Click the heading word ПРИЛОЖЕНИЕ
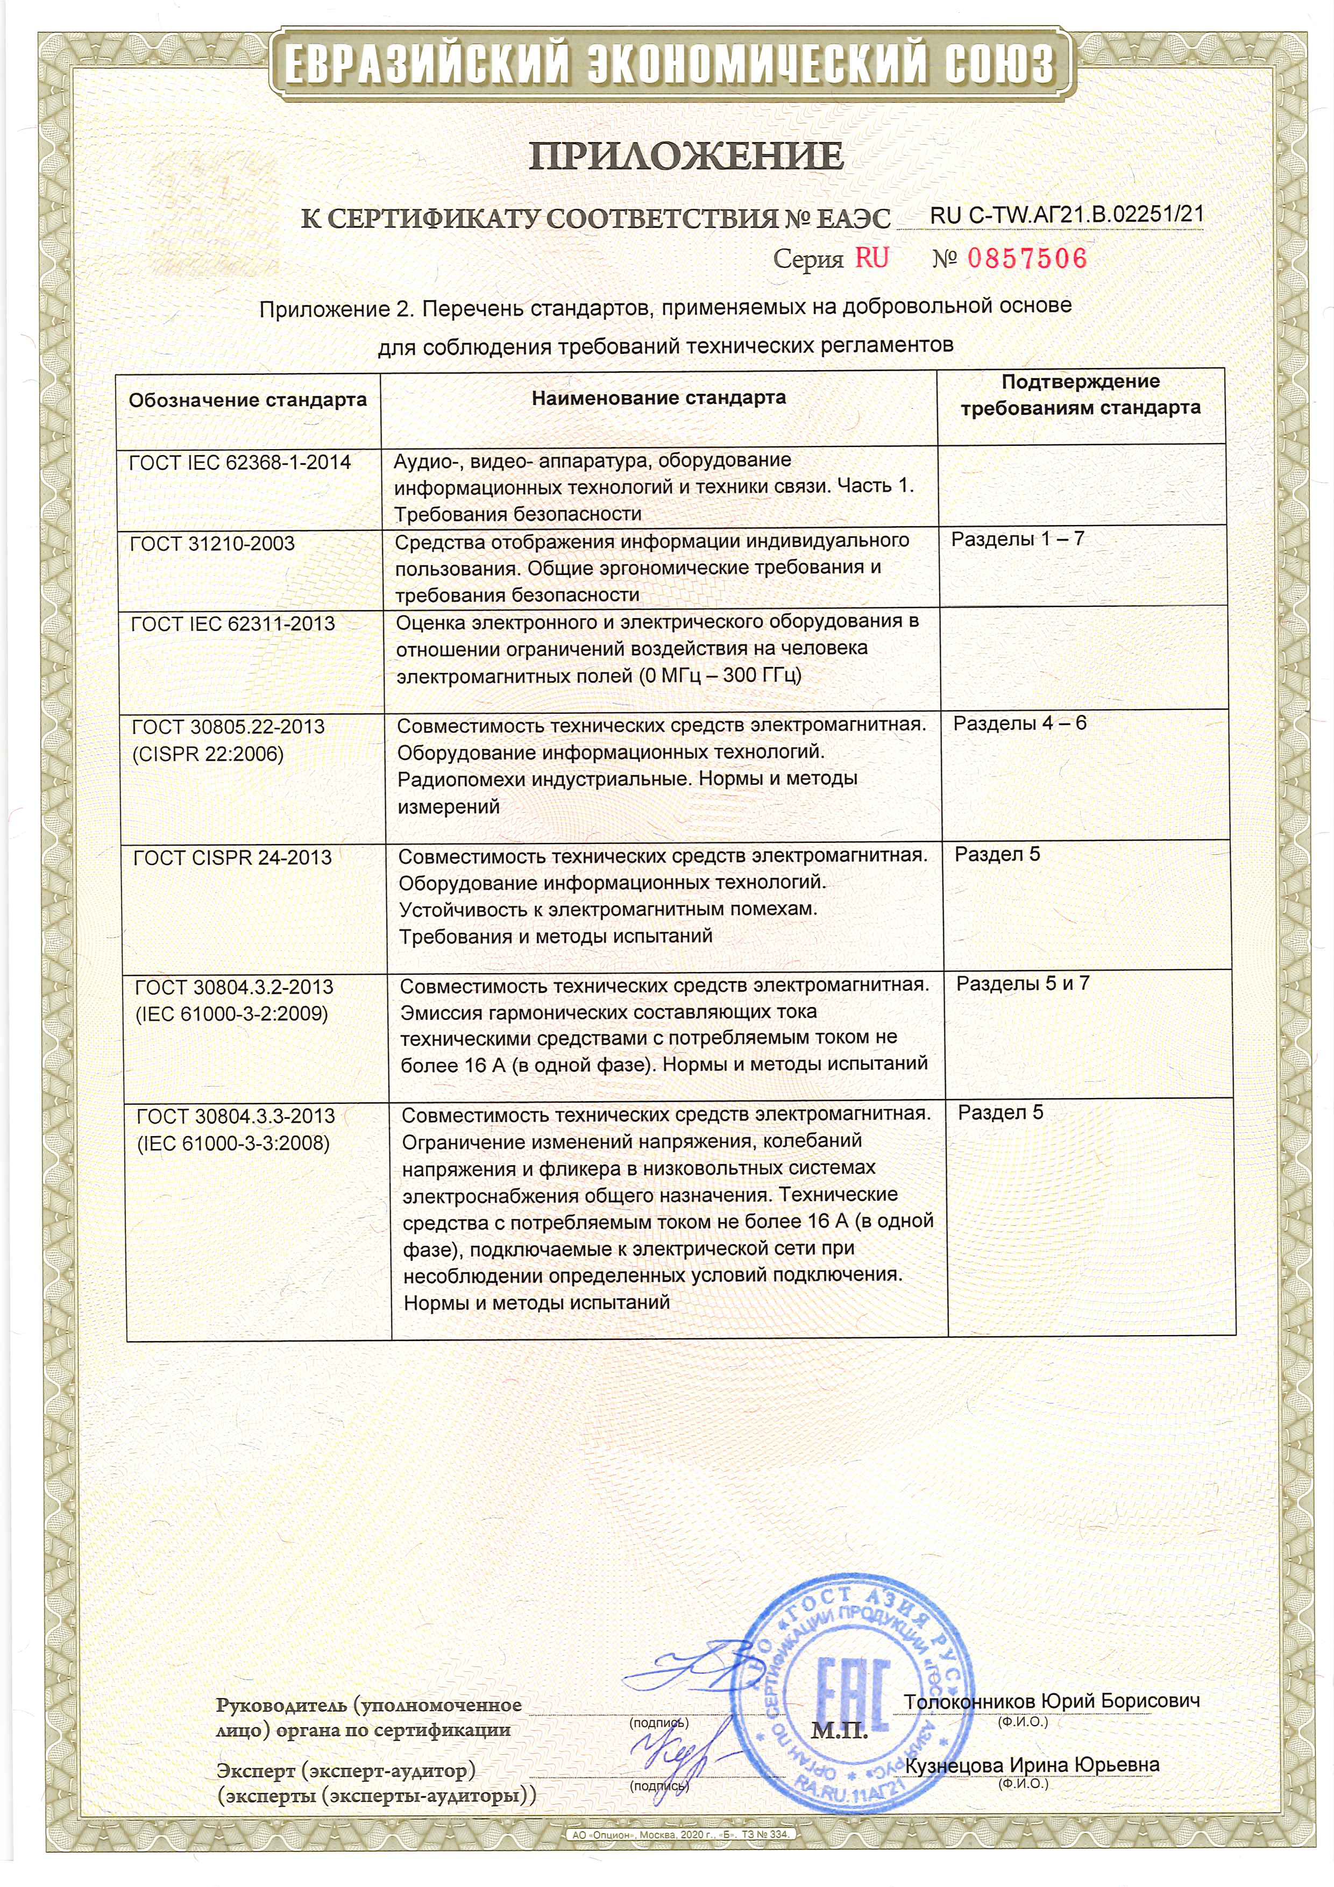click(x=685, y=156)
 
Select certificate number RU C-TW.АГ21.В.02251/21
click(x=1067, y=215)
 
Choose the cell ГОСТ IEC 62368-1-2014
click(x=240, y=463)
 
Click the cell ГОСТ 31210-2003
click(x=212, y=543)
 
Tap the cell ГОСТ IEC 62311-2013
click(x=232, y=624)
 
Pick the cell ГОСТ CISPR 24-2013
click(x=232, y=858)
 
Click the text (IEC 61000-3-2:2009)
click(x=231, y=1014)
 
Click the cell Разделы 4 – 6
click(x=1019, y=723)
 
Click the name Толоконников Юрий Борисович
click(x=1052, y=1701)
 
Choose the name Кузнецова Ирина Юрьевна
click(x=1032, y=1765)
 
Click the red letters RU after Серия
click(x=872, y=258)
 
